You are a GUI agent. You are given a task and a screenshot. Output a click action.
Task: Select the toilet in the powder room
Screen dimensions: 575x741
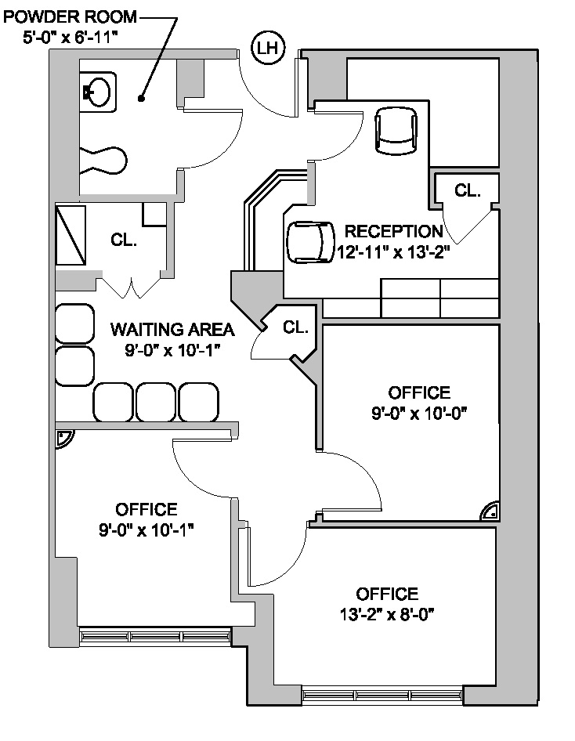point(103,161)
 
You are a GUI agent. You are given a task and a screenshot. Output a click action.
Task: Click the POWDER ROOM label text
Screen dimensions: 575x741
point(70,17)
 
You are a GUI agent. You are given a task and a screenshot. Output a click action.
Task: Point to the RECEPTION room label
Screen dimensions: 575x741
point(393,232)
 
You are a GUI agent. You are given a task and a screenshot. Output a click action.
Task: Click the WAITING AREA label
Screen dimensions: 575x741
point(172,330)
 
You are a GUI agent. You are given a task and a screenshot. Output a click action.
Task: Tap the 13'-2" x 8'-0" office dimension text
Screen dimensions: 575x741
point(387,615)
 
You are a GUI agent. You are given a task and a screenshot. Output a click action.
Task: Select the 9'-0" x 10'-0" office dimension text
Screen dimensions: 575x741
point(419,414)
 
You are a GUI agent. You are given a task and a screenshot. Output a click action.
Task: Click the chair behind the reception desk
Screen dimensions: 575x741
point(310,243)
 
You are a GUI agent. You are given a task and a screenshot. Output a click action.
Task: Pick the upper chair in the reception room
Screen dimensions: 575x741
point(396,130)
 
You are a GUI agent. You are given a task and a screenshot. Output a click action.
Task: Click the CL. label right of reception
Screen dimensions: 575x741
point(467,190)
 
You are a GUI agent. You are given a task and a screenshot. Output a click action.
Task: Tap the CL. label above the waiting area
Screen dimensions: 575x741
point(124,240)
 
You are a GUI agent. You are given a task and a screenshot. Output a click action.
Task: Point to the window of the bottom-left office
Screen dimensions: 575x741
point(155,637)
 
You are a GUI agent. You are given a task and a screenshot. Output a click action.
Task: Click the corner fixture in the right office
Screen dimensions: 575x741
point(490,511)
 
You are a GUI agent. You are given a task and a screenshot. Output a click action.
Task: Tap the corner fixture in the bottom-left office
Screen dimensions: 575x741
point(63,439)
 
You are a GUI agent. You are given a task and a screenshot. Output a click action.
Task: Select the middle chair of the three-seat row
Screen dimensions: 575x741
point(156,402)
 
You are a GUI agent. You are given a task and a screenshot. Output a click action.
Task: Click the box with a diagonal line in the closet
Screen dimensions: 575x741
point(71,235)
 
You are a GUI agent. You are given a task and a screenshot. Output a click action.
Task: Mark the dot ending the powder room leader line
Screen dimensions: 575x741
point(140,98)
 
